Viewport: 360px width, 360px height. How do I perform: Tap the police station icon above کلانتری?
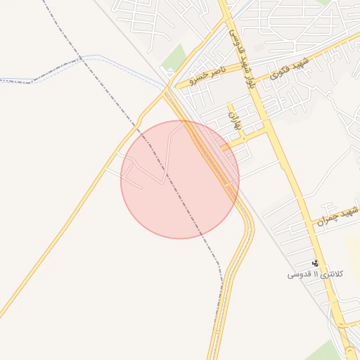(x=314, y=263)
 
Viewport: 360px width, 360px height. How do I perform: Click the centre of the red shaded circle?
(x=180, y=179)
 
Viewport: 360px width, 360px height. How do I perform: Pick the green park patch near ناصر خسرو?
(x=174, y=58)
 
